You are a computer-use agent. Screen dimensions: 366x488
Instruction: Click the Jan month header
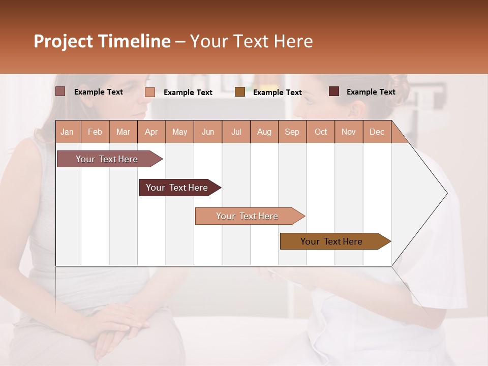pos(67,132)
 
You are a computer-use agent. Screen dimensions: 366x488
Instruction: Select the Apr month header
pos(151,132)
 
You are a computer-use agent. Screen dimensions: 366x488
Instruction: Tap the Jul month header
pos(236,132)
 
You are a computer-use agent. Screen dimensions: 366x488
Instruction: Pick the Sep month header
pos(292,132)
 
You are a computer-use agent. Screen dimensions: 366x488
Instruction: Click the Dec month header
pos(377,132)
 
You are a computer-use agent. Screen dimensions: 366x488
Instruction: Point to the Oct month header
pos(321,132)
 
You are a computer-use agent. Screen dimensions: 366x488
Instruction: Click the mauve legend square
pos(60,91)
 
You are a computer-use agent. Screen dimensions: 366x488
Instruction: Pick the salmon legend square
pos(150,92)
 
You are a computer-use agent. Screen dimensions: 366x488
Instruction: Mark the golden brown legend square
pos(240,92)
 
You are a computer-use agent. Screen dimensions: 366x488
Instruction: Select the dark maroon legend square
pos(334,91)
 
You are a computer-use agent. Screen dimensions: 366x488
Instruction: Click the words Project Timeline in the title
pos(102,41)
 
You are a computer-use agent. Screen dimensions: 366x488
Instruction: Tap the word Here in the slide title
pos(293,41)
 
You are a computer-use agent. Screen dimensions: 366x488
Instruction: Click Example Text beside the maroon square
pos(371,92)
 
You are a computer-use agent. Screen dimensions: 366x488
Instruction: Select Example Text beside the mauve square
pos(98,92)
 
